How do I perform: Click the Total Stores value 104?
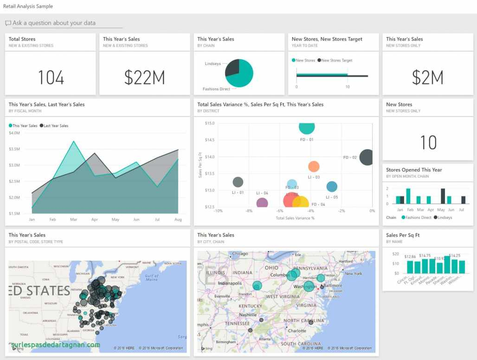pyautogui.click(x=51, y=77)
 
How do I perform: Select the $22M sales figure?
pyautogui.click(x=144, y=77)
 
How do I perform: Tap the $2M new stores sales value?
pyautogui.click(x=427, y=77)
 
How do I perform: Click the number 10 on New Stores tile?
pyautogui.click(x=428, y=142)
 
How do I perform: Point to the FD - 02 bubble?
pyautogui.click(x=366, y=157)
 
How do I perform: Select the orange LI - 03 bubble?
pyautogui.click(x=314, y=167)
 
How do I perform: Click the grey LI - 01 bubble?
pyautogui.click(x=238, y=182)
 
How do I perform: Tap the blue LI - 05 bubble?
pyautogui.click(x=332, y=186)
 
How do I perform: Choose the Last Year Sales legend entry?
pyautogui.click(x=54, y=126)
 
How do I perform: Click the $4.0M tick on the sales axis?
pyautogui.click(x=14, y=133)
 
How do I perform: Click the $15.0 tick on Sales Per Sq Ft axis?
pyautogui.click(x=209, y=123)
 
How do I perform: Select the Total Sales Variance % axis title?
pyautogui.click(x=295, y=218)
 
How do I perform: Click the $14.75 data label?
pyautogui.click(x=424, y=256)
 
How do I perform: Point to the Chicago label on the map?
pyautogui.click(x=240, y=254)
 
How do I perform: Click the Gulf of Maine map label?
pyautogui.click(x=152, y=277)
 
